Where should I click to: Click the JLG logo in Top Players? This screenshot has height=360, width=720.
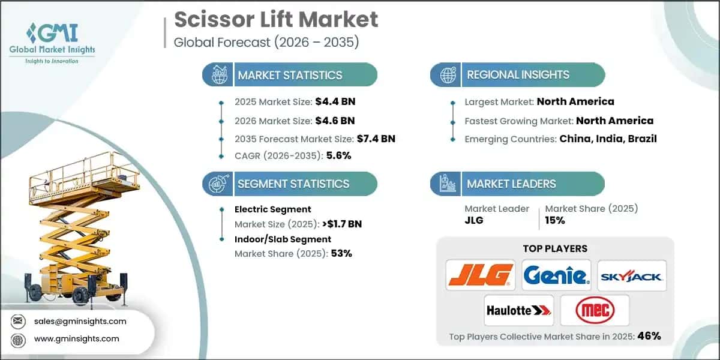pyautogui.click(x=481, y=276)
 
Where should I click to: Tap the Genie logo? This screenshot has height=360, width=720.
pyautogui.click(x=556, y=276)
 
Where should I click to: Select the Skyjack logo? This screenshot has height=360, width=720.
pyautogui.click(x=632, y=276)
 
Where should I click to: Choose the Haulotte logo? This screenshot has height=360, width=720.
pyautogui.click(x=518, y=310)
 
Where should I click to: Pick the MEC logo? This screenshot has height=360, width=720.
pyautogui.click(x=594, y=310)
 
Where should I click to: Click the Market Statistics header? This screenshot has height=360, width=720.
pyautogui.click(x=290, y=75)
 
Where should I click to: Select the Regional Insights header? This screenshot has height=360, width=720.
pyautogui.click(x=518, y=75)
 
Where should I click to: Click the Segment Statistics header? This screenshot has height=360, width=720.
pyautogui.click(x=293, y=184)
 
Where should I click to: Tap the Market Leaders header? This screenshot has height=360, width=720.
pyautogui.click(x=512, y=184)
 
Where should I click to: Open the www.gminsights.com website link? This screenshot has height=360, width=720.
pyautogui.click(x=76, y=338)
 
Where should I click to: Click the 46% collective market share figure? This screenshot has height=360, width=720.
pyautogui.click(x=649, y=336)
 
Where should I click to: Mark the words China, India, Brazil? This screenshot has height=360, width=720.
pyautogui.click(x=608, y=139)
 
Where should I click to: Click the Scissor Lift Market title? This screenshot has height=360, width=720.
pyautogui.click(x=276, y=19)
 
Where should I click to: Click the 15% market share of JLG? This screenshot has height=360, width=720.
pyautogui.click(x=555, y=220)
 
